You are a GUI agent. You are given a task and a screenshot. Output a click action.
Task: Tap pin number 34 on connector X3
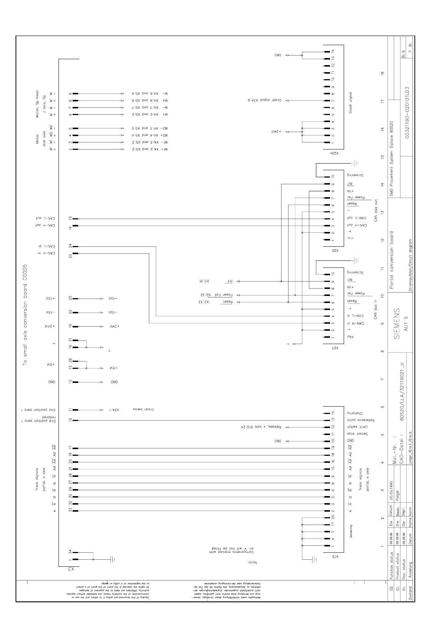(x=70, y=552)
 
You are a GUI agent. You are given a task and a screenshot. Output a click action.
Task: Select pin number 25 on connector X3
(x=70, y=298)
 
